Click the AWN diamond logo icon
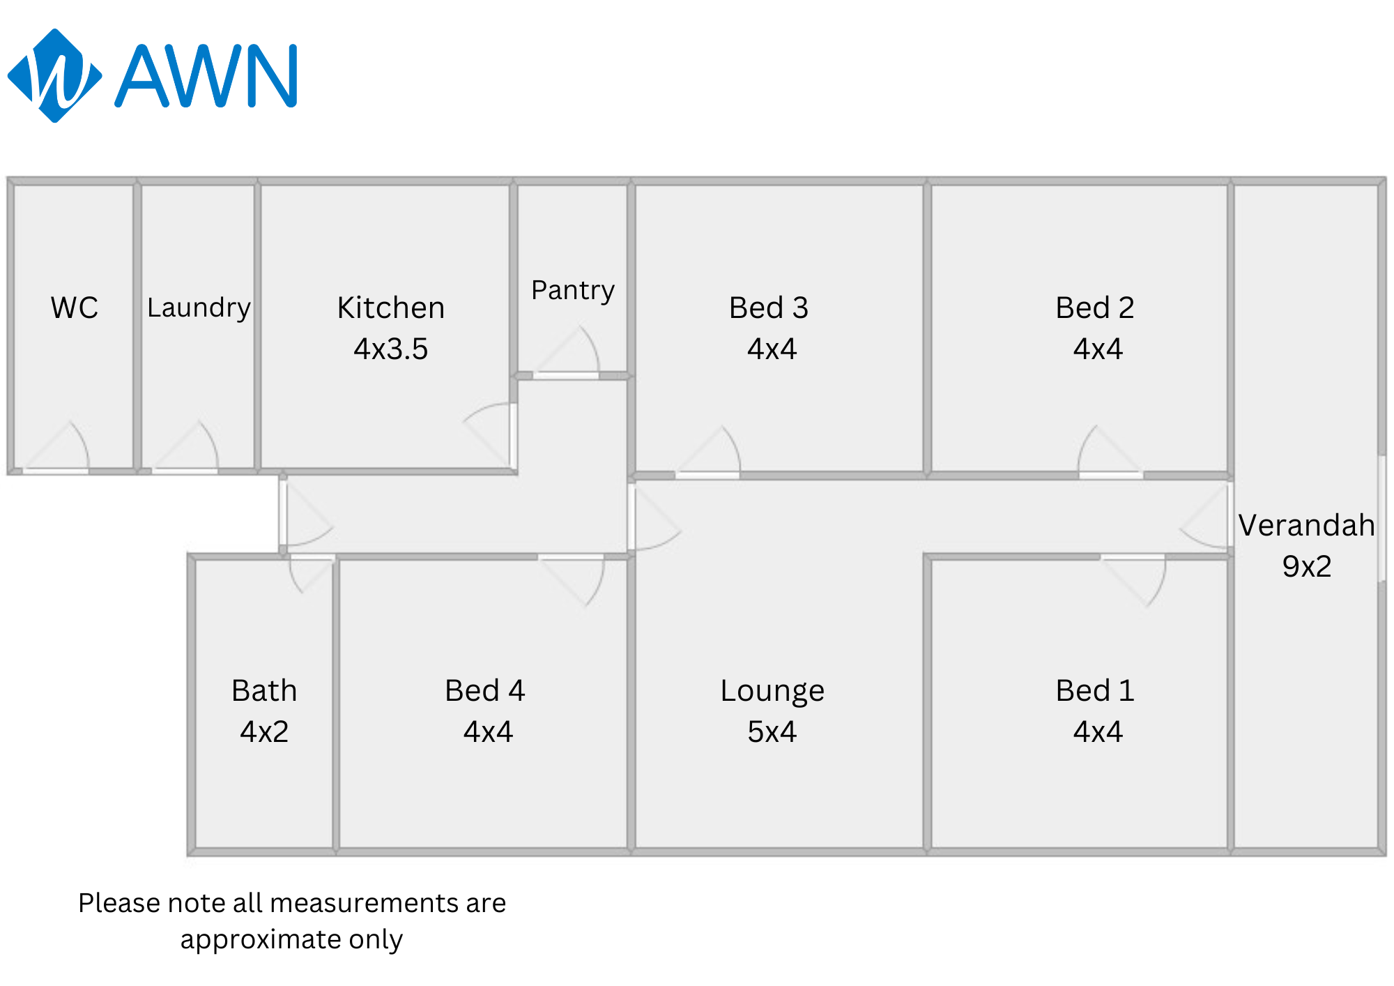tap(54, 75)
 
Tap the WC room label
tap(75, 308)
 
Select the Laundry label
tap(199, 308)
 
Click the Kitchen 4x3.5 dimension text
tap(390, 349)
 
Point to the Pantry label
tap(573, 290)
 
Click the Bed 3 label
tap(769, 308)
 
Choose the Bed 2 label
tap(1095, 308)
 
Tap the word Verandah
tap(1307, 525)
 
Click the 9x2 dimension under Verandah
tap(1307, 566)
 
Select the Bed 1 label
tap(1095, 690)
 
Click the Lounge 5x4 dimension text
tap(772, 731)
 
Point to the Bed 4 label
tap(485, 690)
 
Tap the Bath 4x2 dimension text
tap(264, 731)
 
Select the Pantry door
tap(568, 352)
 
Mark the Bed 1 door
tap(1133, 581)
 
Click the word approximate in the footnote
tap(259, 940)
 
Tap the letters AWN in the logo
tap(207, 75)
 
